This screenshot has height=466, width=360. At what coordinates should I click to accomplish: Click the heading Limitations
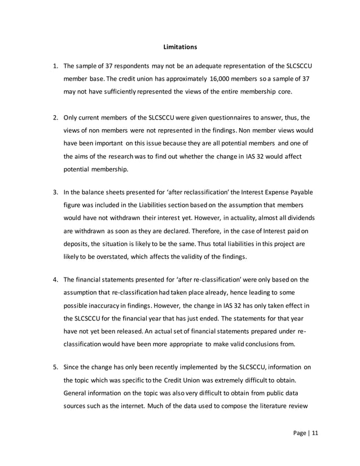point(179,46)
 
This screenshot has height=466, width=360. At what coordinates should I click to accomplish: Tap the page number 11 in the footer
point(315,433)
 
